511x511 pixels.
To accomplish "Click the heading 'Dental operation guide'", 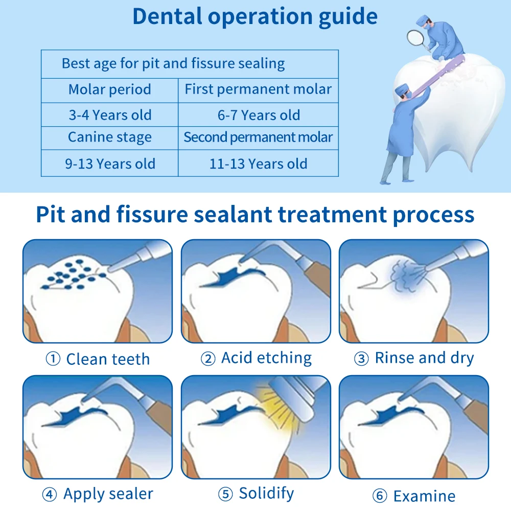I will (255, 16).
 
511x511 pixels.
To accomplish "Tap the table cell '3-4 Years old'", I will (110, 115).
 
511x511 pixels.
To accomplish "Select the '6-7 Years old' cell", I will (259, 115).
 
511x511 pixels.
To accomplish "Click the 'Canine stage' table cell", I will (110, 137).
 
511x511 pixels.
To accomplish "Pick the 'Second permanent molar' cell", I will (259, 137).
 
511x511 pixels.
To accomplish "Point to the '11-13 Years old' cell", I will (259, 164).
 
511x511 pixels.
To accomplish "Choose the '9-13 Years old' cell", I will (110, 164).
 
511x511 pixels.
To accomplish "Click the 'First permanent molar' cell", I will (259, 90).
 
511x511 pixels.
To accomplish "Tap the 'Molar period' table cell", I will (110, 90).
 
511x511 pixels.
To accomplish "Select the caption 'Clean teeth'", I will (108, 359).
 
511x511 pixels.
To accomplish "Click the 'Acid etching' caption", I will (266, 358).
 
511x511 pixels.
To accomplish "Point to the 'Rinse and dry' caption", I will (424, 358).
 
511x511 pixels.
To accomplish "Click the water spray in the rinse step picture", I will (404, 276).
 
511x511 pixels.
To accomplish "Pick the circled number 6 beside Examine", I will (379, 496).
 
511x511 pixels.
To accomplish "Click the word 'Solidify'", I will (266, 494).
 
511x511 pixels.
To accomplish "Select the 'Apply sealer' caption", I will (108, 494).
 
